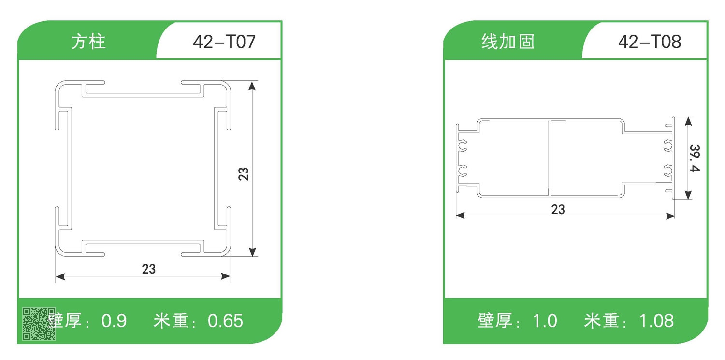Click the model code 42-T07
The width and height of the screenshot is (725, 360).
tap(224, 42)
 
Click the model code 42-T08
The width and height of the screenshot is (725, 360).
tap(650, 42)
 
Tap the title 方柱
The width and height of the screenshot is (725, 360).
tap(88, 42)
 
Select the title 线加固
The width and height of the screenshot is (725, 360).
tap(508, 42)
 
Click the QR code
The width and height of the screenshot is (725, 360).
tap(39, 322)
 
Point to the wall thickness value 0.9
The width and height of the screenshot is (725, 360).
tap(115, 321)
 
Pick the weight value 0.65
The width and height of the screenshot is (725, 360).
tap(225, 321)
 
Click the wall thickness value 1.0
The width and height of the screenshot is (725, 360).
tap(545, 321)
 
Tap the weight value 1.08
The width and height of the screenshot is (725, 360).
tap(656, 321)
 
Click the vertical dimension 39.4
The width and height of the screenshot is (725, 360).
tap(695, 158)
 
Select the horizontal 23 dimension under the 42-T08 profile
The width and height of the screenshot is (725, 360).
tap(558, 210)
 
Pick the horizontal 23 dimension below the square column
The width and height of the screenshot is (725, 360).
tap(149, 269)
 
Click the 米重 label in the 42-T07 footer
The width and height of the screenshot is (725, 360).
tap(171, 321)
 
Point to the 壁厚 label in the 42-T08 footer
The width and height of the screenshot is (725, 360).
tap(495, 321)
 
